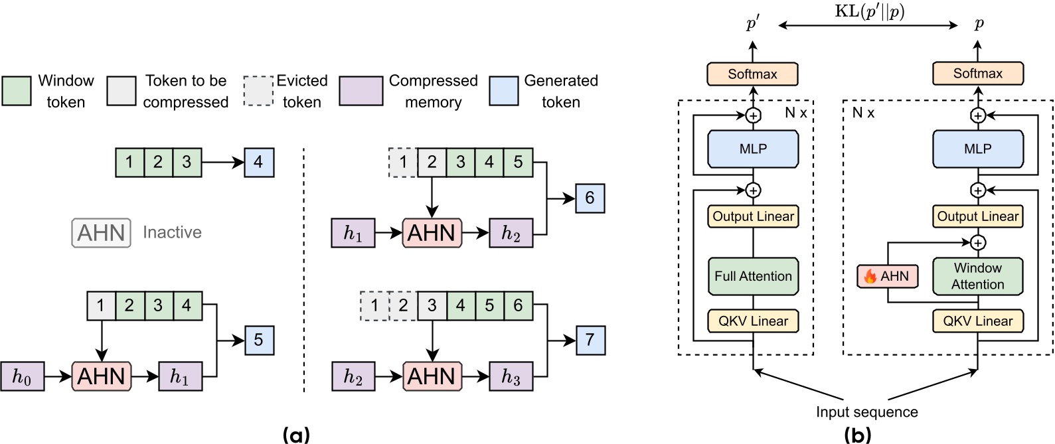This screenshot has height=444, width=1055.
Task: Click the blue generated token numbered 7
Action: tap(590, 340)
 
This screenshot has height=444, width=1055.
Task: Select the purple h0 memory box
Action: tap(22, 377)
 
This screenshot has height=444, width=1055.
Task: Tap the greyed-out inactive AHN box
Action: tap(101, 233)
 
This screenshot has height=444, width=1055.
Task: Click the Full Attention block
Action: tap(753, 276)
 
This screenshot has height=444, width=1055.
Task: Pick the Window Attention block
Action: tap(977, 276)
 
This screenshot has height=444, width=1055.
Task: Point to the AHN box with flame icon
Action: tap(888, 276)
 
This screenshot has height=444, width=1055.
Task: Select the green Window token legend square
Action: tap(17, 91)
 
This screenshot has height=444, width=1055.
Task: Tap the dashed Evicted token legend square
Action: tap(258, 91)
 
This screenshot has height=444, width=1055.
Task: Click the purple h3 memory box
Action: tap(511, 377)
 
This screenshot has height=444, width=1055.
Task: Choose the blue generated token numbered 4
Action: tap(258, 162)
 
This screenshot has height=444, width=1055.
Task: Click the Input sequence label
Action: tap(866, 412)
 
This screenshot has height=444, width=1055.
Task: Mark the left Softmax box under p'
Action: tap(752, 74)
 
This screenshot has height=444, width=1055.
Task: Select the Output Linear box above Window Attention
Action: tap(977, 216)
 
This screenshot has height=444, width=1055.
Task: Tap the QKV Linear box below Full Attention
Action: tap(753, 321)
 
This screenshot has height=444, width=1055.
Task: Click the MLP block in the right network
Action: tap(977, 149)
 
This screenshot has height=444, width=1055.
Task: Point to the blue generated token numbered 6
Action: tap(590, 198)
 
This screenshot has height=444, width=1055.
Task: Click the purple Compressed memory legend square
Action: tap(361, 91)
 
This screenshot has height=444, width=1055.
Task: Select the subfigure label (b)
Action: tap(857, 435)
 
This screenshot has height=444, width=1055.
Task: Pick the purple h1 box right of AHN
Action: tap(180, 377)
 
